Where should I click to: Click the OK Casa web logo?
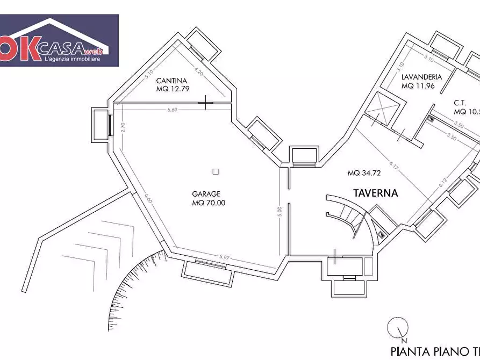(59, 40)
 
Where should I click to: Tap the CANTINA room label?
(171, 81)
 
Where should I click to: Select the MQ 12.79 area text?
(173, 89)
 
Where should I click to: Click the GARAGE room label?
(206, 194)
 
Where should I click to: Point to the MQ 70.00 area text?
(209, 203)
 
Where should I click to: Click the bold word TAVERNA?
(375, 193)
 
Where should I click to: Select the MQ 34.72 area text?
(364, 173)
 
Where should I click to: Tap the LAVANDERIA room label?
(421, 77)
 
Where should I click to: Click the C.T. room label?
(460, 103)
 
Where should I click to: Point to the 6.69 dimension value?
(172, 110)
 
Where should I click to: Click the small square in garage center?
(216, 172)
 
